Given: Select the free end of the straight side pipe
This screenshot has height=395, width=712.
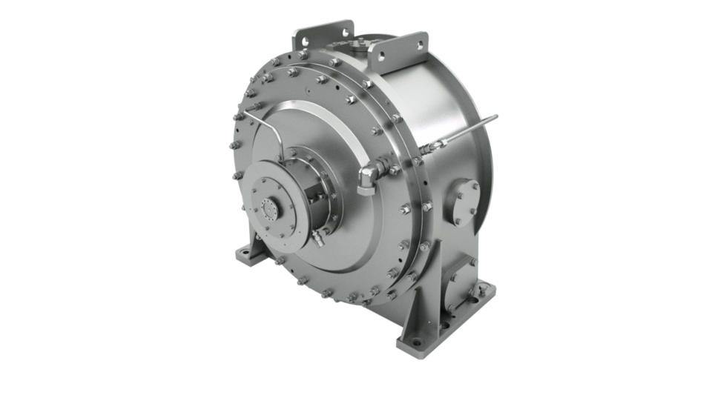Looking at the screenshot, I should (x=495, y=116).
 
